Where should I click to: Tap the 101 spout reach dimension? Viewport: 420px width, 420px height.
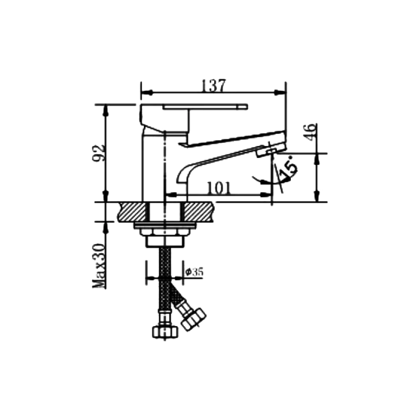217,187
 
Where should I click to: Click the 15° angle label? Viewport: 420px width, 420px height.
288,168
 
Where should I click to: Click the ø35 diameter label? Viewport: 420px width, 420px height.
195,271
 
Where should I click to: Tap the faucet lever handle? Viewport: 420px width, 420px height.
205,107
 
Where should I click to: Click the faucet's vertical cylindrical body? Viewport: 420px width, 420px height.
154,168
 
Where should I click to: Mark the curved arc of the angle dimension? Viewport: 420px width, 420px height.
262,181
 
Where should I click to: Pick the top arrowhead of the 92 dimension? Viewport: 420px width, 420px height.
106,109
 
